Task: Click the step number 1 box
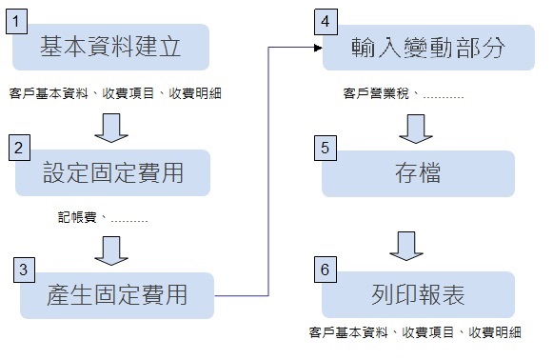[20, 19]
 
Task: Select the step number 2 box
[20, 148]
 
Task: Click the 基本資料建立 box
[111, 48]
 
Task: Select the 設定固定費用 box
[111, 173]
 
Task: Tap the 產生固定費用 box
[117, 295]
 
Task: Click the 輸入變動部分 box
[419, 48]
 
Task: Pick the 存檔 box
[419, 173]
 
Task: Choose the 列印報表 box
[419, 295]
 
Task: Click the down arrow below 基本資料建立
[112, 126]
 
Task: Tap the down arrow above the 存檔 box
[416, 126]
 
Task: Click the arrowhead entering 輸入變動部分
[315, 46]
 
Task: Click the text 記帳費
[77, 217]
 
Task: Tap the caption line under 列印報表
[415, 332]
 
